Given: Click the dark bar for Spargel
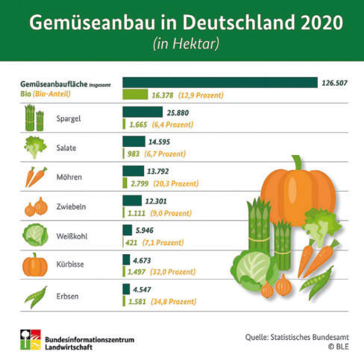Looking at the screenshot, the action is (x=142, y=112).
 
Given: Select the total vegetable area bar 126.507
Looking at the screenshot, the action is (x=220, y=83).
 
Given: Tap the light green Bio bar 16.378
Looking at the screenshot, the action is (x=135, y=95).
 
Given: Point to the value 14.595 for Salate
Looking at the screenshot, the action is (x=159, y=142).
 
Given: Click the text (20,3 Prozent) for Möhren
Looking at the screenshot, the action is (x=176, y=183).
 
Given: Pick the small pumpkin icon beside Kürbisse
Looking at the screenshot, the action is (x=35, y=265).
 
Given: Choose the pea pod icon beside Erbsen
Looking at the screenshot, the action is (x=36, y=297).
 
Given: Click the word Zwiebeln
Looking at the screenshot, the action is (x=71, y=206).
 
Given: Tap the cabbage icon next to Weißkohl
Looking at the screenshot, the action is (x=35, y=235).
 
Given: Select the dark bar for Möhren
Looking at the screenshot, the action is (x=133, y=171).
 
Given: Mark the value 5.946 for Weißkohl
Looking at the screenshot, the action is (x=145, y=230).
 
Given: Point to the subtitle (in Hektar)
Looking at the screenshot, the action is (x=186, y=44).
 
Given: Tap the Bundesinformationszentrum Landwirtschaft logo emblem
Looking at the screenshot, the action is (x=31, y=340).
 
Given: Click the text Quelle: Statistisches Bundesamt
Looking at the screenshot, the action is (x=297, y=337).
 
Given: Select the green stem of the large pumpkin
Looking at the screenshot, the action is (x=297, y=162).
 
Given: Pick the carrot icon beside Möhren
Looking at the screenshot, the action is (x=36, y=177).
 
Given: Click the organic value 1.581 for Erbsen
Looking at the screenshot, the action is (x=137, y=302).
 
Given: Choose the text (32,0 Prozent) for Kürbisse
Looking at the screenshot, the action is (x=172, y=272).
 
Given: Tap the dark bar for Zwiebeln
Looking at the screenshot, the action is (x=132, y=200).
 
